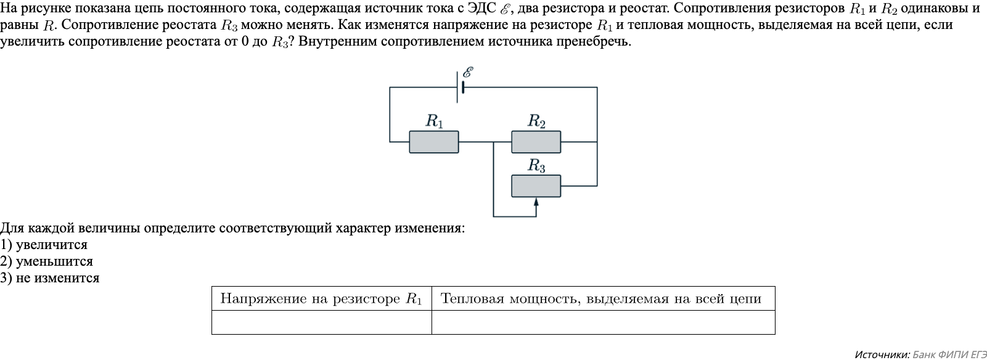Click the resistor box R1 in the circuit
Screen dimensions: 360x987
click(433, 142)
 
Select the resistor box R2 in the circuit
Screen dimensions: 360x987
click(536, 142)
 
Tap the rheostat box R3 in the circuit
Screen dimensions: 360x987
click(536, 186)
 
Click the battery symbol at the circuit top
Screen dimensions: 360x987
click(460, 88)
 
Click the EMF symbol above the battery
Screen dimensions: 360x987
click(469, 72)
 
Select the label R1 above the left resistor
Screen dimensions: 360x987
click(434, 121)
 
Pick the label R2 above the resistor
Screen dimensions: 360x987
click(536, 121)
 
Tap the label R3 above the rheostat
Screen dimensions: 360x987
click(536, 166)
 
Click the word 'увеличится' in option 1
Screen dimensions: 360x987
click(52, 245)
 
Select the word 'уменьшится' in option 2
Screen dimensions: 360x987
click(54, 261)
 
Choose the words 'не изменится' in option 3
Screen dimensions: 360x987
click(57, 278)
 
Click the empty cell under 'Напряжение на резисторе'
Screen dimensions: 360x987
click(321, 322)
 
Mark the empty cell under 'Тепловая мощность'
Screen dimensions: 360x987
click(603, 322)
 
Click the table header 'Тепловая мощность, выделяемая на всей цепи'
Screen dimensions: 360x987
click(601, 299)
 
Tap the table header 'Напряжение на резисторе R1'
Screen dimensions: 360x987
click(321, 299)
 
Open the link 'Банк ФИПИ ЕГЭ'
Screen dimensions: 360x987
click(949, 354)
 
